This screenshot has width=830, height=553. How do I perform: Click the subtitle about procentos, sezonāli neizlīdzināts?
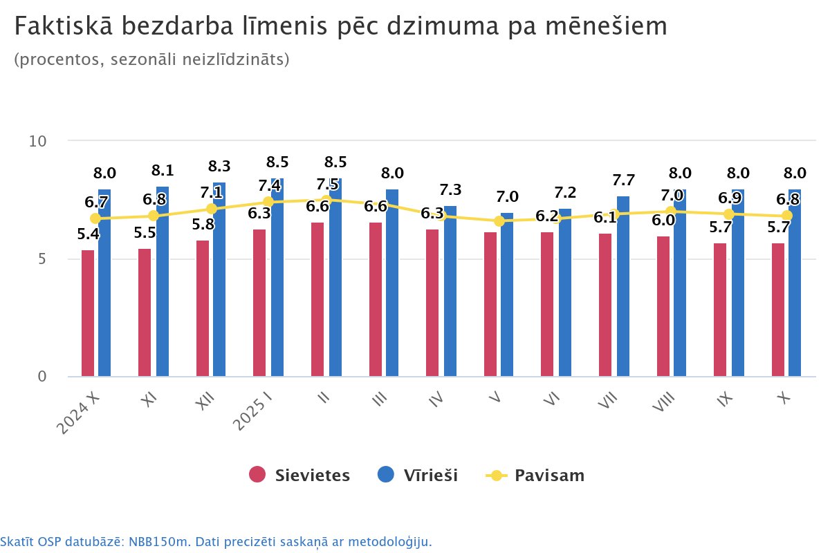(151, 60)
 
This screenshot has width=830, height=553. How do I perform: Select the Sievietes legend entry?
(299, 475)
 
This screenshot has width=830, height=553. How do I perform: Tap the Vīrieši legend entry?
(417, 475)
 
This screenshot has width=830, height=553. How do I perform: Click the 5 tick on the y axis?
(41, 259)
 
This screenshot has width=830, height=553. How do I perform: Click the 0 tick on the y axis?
(41, 377)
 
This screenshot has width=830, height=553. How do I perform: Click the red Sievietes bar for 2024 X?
(88, 313)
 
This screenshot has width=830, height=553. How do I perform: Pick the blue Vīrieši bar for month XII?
(219, 279)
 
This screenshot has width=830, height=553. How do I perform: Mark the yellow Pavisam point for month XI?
(154, 216)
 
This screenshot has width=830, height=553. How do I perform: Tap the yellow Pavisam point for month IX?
(729, 214)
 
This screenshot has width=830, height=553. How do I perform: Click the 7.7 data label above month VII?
(624, 180)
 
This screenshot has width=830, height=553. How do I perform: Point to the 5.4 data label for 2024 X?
(88, 234)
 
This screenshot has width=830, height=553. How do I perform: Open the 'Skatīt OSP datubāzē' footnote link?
(216, 541)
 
